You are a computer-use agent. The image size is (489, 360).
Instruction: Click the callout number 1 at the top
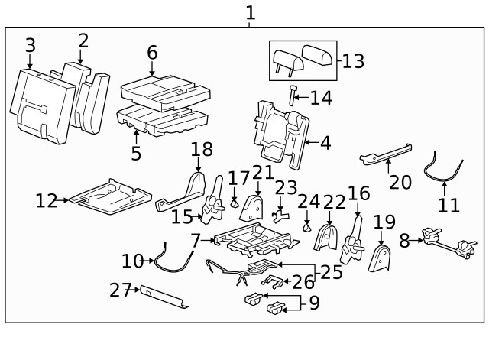(250, 12)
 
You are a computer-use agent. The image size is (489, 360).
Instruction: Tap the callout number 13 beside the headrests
(353, 61)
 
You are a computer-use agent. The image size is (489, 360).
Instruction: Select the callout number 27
(121, 290)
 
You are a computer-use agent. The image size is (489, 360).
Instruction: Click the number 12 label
(46, 201)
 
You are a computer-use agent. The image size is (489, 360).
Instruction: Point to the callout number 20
(400, 182)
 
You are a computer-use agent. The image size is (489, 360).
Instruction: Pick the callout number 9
(313, 303)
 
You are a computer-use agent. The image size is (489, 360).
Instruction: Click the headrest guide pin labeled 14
(293, 96)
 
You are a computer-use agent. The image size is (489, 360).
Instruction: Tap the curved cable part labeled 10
(170, 256)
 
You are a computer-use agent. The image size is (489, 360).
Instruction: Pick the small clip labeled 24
(306, 227)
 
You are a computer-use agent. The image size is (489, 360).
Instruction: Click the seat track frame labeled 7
(252, 241)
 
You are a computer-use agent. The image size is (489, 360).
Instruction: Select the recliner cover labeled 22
(327, 236)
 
